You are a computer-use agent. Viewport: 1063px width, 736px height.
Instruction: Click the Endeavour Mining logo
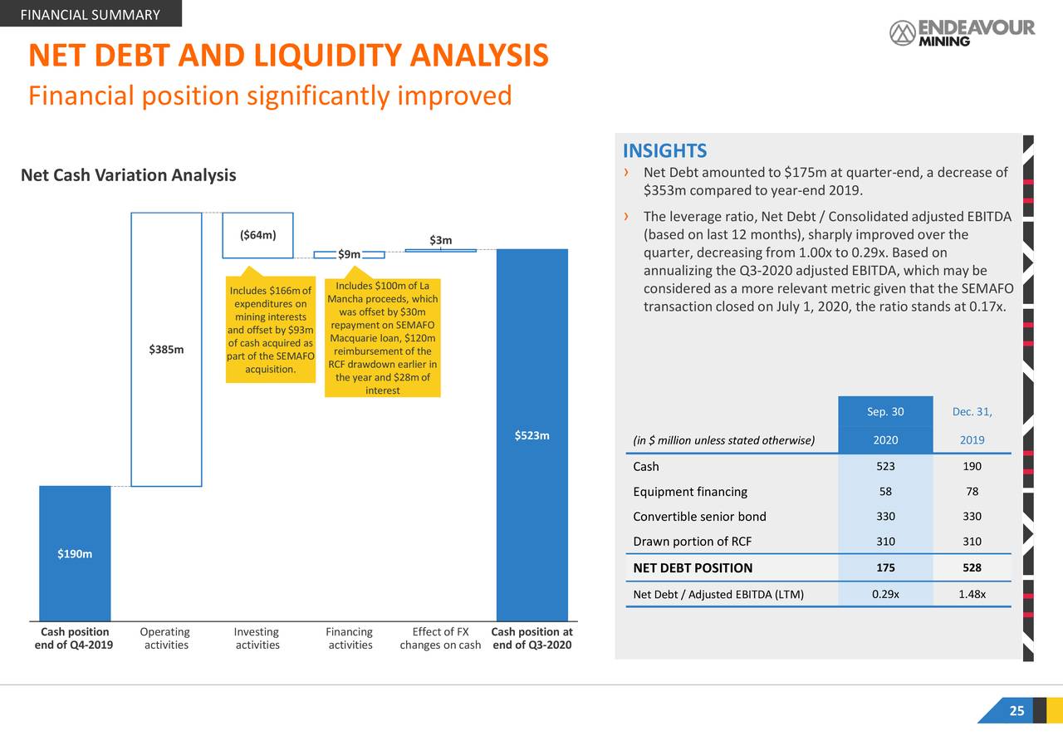962,32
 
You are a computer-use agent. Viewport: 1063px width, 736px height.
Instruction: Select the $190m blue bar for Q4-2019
75,552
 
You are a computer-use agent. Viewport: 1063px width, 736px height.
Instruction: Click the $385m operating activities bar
166,349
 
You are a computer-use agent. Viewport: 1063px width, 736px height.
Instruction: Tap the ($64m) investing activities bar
257,235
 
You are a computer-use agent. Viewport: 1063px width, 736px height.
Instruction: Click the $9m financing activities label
350,254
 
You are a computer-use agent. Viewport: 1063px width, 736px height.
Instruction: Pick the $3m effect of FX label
441,241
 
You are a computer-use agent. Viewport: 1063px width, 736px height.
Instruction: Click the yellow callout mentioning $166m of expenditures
270,330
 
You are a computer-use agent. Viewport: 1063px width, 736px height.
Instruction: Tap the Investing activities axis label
257,638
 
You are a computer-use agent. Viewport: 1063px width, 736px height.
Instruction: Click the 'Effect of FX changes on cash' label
439,638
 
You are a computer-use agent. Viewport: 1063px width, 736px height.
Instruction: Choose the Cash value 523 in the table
885,467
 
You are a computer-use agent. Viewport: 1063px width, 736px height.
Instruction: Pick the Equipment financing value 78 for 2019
972,492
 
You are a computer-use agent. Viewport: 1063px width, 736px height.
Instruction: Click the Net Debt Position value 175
885,568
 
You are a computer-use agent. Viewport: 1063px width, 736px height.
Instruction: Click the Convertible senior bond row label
699,517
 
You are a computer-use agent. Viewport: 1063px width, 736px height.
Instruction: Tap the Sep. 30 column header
885,413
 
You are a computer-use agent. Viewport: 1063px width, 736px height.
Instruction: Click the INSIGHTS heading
664,150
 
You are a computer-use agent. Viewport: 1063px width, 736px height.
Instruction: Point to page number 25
1016,711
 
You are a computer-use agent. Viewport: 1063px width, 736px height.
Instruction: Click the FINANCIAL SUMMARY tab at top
90,15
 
